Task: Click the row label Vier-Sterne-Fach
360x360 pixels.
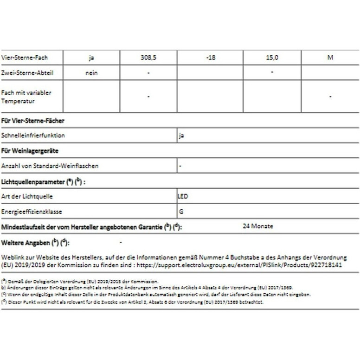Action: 25,58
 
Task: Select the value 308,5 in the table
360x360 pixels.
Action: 148,58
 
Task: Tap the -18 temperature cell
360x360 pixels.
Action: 210,58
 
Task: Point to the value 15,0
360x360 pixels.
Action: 272,58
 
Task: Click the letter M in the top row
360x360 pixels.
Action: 330,58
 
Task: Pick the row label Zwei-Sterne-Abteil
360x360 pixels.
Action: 27,73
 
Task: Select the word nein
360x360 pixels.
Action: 91,73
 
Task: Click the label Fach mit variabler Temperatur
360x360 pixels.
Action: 26,96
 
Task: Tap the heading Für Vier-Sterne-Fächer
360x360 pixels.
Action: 33,121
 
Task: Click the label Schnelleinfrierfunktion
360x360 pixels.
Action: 33,136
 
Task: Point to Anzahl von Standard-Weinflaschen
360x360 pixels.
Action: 50,166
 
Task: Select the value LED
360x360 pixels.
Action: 183,196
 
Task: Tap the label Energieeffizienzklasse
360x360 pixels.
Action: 32,212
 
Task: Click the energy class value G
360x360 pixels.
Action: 180,212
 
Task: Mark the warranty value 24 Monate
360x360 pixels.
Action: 258,226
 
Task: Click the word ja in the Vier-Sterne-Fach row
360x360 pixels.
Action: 91,58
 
